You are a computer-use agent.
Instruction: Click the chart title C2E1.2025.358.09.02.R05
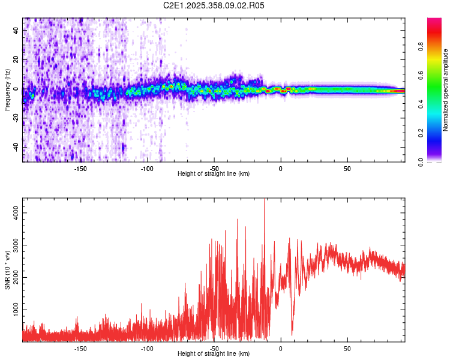click(214, 5)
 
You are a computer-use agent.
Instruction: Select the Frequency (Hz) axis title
click(7, 90)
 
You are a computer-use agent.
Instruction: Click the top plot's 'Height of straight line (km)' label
click(214, 174)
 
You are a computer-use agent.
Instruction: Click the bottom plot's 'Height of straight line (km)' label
click(214, 354)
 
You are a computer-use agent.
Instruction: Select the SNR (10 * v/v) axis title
click(7, 270)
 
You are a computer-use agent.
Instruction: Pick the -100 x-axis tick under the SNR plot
click(146, 348)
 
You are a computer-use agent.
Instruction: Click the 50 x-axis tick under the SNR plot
click(347, 348)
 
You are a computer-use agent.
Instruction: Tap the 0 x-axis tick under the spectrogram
click(280, 169)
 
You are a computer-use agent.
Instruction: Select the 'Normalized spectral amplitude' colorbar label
click(445, 90)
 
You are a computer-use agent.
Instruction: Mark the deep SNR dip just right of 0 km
click(292, 333)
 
